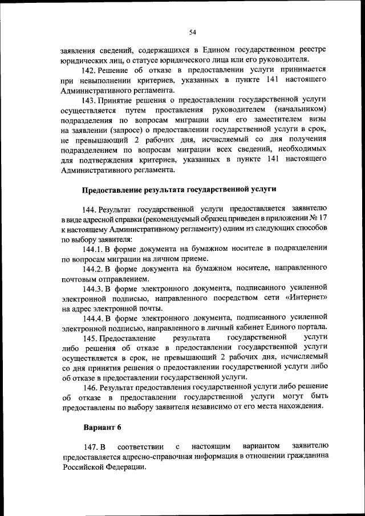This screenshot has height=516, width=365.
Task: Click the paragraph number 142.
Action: pos(90,70)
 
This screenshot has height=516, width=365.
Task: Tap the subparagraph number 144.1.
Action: pos(93,249)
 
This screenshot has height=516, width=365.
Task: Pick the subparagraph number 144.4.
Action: pos(93,317)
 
